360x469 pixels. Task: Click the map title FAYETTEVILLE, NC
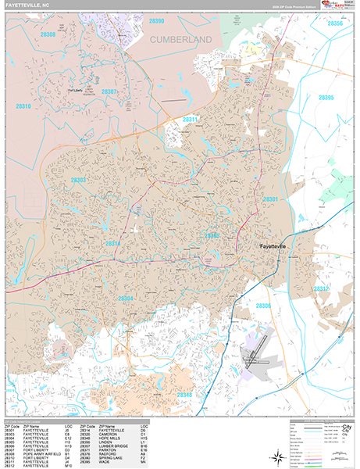click(x=29, y=5)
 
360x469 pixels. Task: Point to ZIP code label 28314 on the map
click(x=113, y=243)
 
